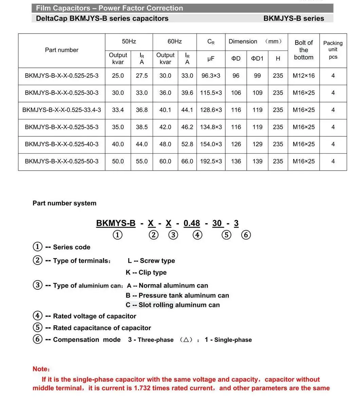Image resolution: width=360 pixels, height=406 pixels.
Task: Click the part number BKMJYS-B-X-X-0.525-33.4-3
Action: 62,110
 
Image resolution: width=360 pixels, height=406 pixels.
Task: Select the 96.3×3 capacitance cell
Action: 211,76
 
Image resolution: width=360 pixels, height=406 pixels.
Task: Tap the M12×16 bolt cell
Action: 304,76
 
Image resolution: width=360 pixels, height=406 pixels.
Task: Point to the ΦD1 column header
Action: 257,58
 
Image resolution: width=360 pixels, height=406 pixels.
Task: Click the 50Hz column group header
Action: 129,41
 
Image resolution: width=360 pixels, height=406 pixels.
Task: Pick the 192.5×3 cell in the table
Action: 211,161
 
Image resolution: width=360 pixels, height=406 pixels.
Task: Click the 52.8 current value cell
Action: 187,144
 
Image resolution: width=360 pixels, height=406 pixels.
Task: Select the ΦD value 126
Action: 236,144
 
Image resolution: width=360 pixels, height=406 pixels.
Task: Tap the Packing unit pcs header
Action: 333,50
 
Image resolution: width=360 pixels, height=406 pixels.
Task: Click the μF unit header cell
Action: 211,58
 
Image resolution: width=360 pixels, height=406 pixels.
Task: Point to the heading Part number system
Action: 64,203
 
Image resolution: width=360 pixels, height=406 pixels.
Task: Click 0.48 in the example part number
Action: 192,223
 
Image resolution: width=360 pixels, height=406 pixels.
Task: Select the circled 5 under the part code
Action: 227,235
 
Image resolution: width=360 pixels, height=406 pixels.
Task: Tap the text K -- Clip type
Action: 146,272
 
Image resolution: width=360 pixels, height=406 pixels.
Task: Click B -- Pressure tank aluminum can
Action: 177,295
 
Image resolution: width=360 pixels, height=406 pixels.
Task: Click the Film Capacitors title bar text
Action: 109,8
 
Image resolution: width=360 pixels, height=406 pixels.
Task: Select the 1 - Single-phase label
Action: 228,340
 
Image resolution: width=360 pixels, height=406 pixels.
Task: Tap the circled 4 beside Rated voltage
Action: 38,316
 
